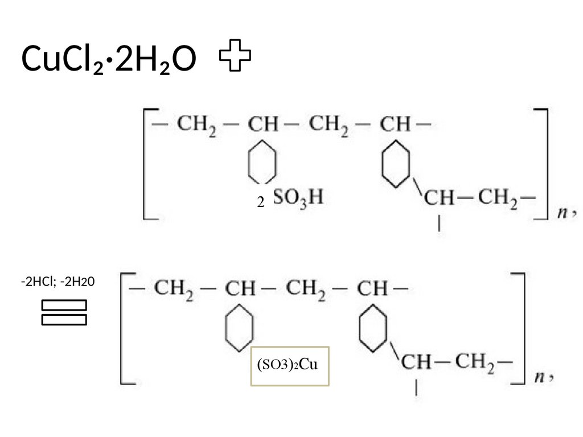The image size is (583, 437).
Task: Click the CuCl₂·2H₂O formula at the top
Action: [109, 59]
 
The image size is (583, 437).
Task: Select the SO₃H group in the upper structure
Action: [298, 197]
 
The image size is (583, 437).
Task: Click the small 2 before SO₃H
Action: [260, 202]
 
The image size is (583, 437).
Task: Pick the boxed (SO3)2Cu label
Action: [290, 366]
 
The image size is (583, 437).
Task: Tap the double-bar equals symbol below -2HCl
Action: [64, 312]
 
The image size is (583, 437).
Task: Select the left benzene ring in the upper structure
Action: [262, 159]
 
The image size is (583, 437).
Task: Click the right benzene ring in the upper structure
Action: [395, 163]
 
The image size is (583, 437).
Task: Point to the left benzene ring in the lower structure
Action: [239, 326]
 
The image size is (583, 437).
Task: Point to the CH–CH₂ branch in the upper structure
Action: [477, 199]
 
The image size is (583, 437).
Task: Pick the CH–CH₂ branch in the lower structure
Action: [455, 362]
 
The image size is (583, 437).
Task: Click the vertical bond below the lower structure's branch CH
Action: [417, 389]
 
